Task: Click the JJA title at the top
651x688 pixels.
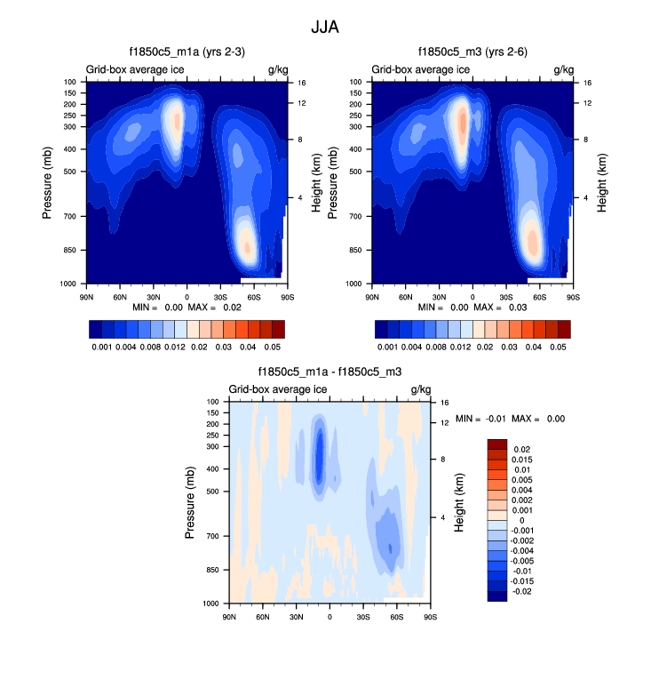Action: tap(325, 28)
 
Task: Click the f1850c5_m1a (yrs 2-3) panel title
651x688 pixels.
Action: tap(185, 52)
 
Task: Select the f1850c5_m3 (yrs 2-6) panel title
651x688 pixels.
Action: tap(471, 52)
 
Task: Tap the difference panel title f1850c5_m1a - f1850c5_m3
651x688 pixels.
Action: tap(328, 373)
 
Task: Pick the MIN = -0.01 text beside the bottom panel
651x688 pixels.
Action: tap(480, 419)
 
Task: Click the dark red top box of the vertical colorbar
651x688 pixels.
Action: tap(497, 444)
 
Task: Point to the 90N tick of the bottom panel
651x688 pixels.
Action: tap(229, 615)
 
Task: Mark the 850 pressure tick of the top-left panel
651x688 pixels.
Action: tap(69, 250)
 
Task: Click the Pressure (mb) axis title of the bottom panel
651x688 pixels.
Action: tap(190, 503)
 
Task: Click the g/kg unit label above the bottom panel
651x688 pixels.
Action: tap(420, 389)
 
